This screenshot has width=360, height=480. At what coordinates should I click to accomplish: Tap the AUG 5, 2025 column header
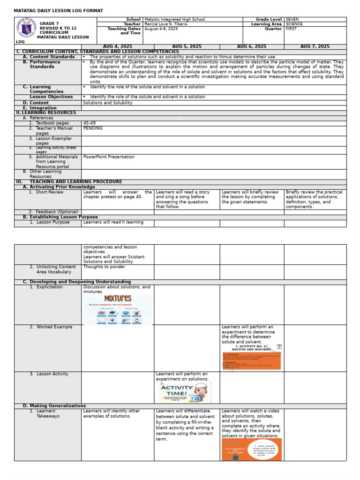pyautogui.click(x=187, y=47)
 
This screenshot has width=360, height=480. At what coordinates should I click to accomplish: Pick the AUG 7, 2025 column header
pyautogui.click(x=315, y=47)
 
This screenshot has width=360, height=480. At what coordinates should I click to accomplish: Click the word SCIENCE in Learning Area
pyautogui.click(x=294, y=24)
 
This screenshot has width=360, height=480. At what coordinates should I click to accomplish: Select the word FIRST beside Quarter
pyautogui.click(x=291, y=29)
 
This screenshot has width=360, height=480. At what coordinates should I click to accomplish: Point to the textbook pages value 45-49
pyautogui.click(x=89, y=123)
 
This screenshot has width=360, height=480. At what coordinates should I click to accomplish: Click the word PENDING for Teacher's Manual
pyautogui.click(x=93, y=128)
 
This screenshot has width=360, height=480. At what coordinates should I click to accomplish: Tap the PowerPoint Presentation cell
pyautogui.click(x=109, y=157)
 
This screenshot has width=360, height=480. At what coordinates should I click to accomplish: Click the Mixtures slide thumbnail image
pyautogui.click(x=117, y=309)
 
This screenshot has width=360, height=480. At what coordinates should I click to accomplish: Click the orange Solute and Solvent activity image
pyautogui.click(x=251, y=358)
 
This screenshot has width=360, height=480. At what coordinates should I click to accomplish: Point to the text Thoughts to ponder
pyautogui.click(x=104, y=267)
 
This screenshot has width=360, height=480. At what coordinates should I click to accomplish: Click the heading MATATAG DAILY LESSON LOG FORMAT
pyautogui.click(x=59, y=11)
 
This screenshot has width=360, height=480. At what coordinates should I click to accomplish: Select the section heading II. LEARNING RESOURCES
pyautogui.click(x=46, y=113)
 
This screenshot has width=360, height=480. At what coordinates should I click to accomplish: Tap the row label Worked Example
pyautogui.click(x=54, y=327)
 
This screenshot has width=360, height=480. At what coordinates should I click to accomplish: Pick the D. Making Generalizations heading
pyautogui.click(x=54, y=406)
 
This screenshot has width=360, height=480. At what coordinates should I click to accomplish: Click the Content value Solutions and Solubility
pyautogui.click(x=107, y=103)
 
